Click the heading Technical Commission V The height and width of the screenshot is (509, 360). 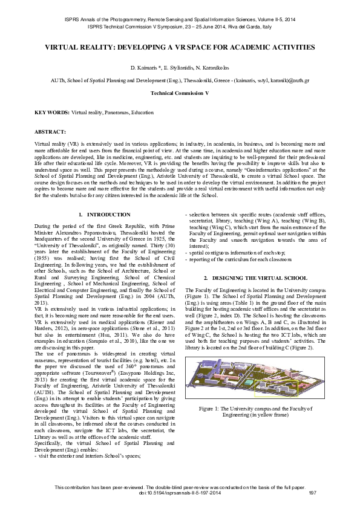[180, 94]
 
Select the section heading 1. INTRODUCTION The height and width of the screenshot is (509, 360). [105, 215]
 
